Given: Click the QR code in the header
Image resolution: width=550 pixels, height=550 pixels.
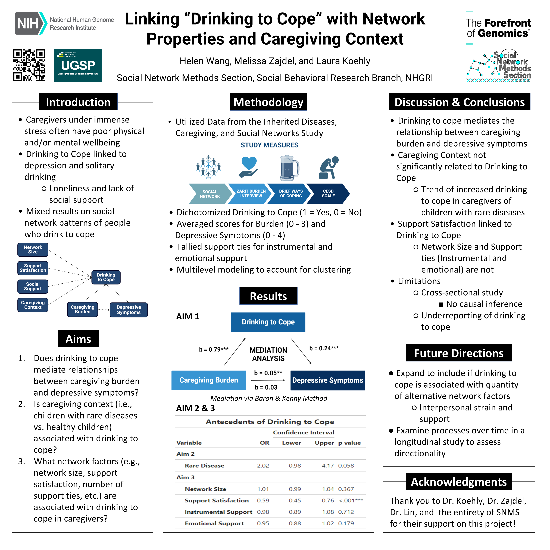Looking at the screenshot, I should click(x=29, y=65).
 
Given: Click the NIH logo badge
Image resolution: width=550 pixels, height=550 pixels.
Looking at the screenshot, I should click(x=31, y=23).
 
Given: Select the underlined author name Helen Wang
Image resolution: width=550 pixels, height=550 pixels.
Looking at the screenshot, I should click(x=204, y=61).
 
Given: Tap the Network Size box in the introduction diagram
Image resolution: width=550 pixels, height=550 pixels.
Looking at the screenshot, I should click(x=33, y=250).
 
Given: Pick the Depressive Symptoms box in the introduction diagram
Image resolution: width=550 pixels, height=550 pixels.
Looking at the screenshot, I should click(x=129, y=310).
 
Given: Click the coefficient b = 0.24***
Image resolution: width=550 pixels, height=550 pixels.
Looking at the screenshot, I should click(x=324, y=348).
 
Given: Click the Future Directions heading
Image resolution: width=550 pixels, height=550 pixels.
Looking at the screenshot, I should click(x=459, y=353).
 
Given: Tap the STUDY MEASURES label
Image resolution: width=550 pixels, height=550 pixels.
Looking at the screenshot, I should click(x=269, y=145).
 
